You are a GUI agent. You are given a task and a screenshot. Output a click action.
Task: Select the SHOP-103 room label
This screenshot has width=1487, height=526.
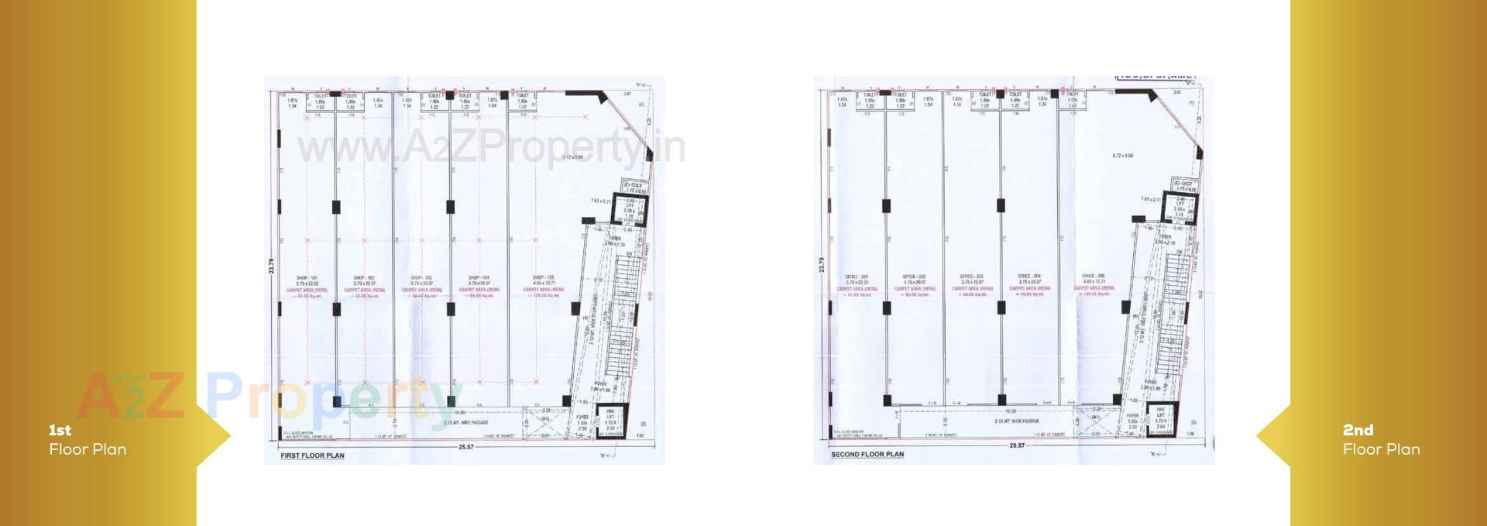[422, 277]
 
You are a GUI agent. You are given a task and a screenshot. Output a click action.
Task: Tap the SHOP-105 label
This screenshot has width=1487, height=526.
[544, 277]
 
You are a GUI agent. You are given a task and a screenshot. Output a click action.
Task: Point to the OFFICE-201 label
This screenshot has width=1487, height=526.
[857, 277]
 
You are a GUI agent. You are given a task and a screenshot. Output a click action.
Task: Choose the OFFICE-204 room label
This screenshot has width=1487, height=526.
[1029, 277]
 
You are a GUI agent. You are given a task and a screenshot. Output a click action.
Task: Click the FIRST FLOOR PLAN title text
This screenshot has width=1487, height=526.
[312, 456]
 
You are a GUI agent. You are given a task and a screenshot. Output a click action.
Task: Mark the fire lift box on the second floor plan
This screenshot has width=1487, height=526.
[1160, 421]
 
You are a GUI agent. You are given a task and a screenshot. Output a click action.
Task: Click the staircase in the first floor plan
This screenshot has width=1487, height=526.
[623, 318]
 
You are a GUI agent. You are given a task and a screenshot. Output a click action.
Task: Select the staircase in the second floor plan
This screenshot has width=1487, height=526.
[1173, 318]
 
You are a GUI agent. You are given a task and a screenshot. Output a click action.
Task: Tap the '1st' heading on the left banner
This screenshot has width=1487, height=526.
[60, 430]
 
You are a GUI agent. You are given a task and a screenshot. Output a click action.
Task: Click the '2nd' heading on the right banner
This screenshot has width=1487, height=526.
[1358, 430]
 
